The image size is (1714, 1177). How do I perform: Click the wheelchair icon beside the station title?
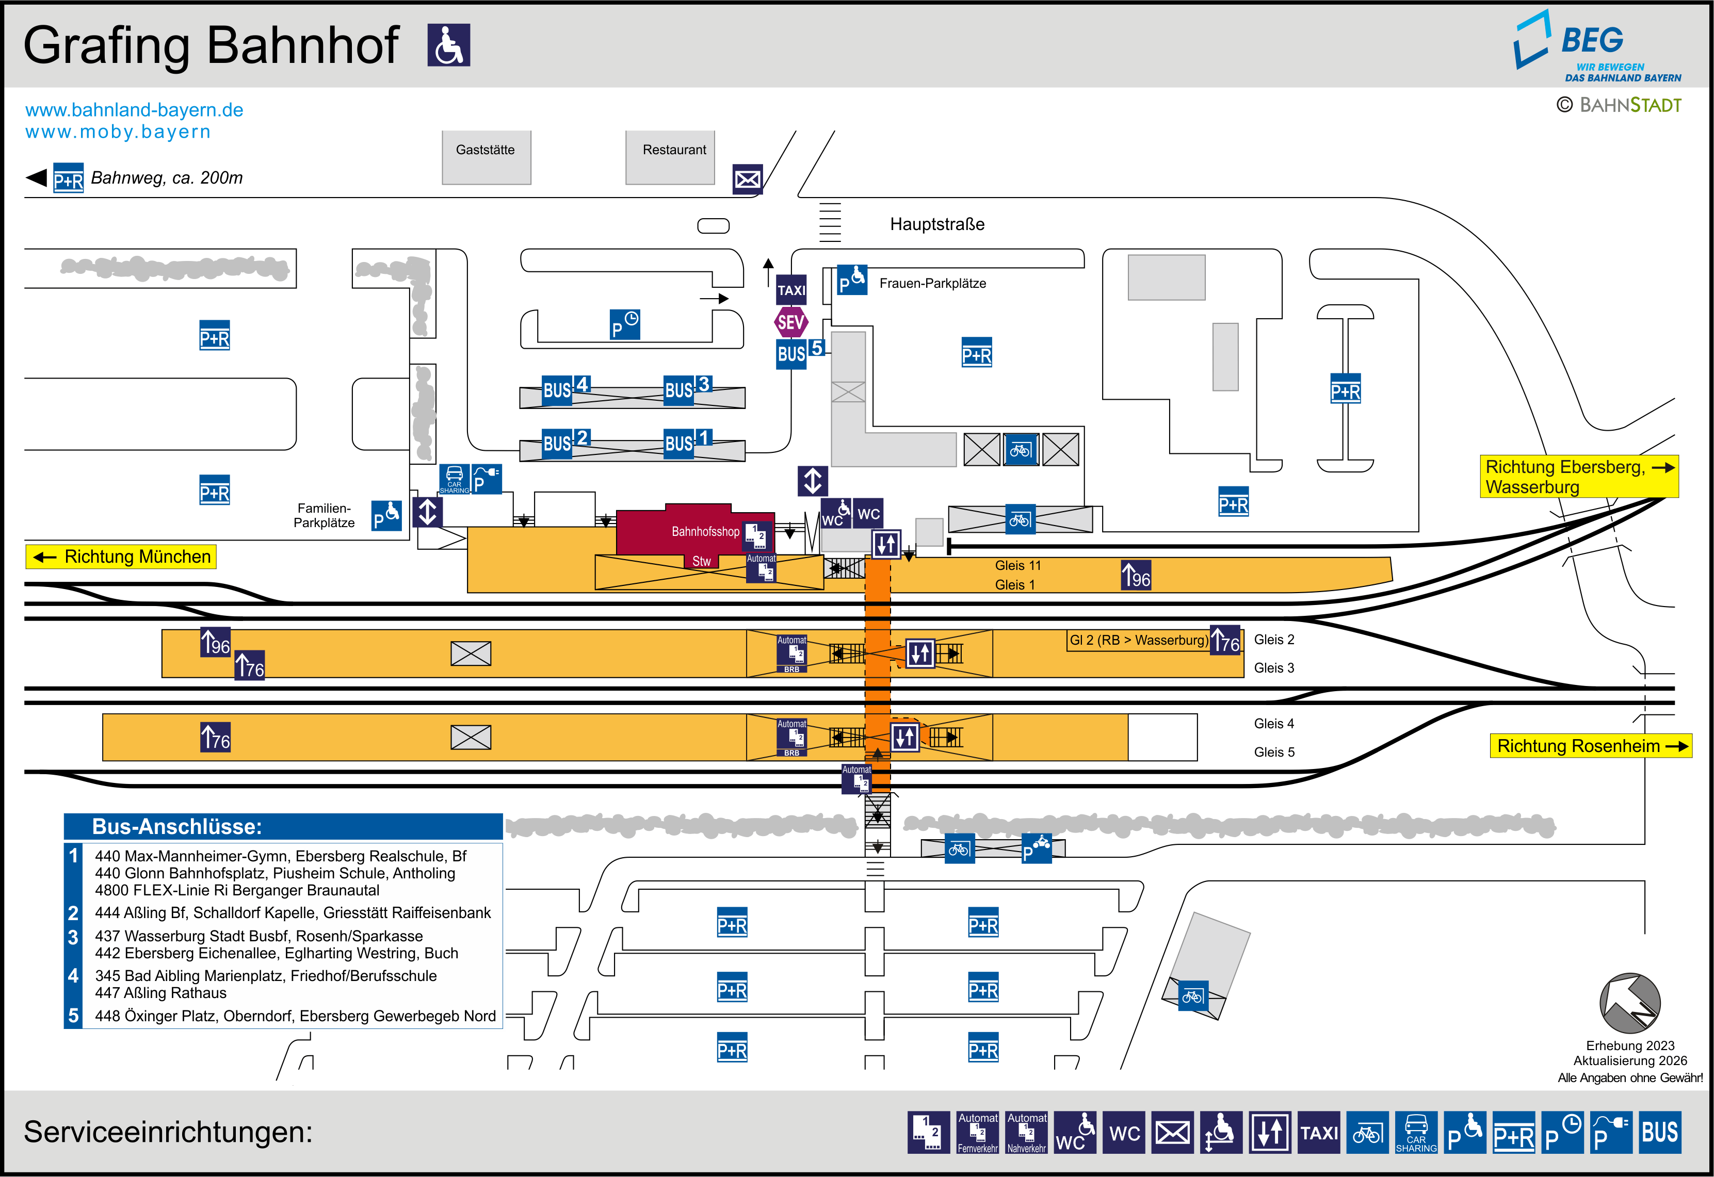coord(448,45)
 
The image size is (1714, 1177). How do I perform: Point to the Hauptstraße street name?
coord(936,224)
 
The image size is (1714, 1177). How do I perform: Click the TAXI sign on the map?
coord(791,290)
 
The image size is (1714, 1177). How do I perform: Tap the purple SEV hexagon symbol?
coord(790,322)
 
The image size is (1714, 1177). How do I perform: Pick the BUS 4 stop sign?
coord(565,388)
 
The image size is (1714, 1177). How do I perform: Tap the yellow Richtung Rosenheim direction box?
coord(1590,746)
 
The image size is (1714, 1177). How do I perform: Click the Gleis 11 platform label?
coord(1018,566)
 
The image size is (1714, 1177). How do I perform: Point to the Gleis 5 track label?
coord(1274,752)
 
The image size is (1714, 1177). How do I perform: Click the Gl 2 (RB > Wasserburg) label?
coord(1139,640)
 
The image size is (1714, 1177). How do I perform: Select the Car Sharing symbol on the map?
coord(455,479)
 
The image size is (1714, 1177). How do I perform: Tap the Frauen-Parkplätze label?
coord(932,283)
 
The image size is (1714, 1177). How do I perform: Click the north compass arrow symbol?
coord(1629,1003)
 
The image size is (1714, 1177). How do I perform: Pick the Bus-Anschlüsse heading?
coord(177,827)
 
